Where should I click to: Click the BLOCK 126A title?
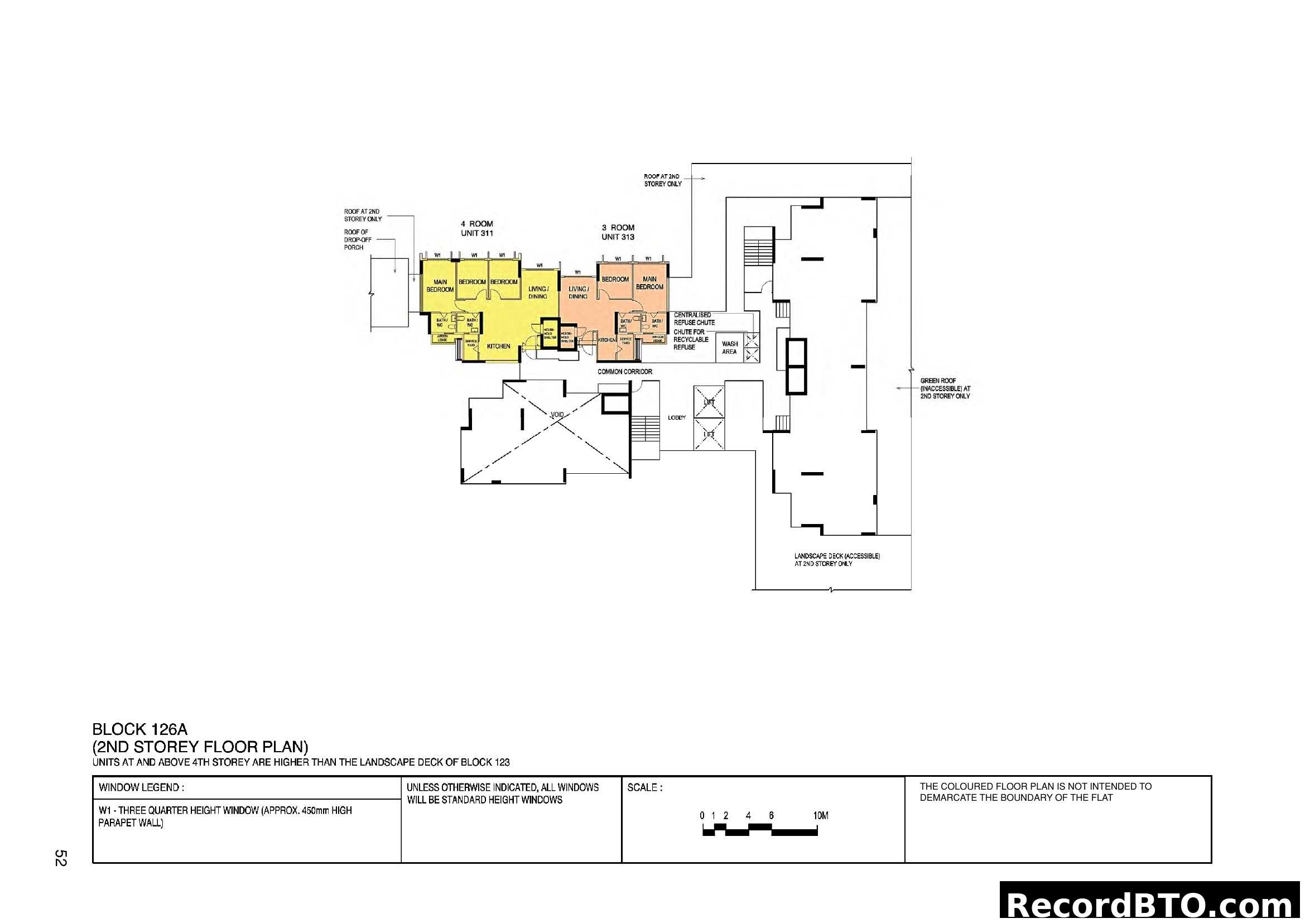140,729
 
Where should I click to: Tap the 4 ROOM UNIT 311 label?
476,228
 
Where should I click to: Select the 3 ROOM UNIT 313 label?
618,232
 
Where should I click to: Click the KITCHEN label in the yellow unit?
498,346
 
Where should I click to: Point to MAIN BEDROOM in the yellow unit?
440,285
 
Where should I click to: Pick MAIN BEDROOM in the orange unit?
649,283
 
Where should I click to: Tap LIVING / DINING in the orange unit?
578,292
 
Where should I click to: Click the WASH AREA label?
730,347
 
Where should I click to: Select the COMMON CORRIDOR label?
625,372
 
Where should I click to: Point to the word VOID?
557,414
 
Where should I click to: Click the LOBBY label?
677,418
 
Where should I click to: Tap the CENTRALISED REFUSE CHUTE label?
694,318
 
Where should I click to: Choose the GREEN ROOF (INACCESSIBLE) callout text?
945,388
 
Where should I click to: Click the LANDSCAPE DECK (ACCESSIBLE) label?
837,560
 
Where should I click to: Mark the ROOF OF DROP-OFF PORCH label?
358,239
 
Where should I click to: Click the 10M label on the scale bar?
821,816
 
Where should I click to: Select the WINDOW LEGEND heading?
141,787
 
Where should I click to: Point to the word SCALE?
644,787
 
